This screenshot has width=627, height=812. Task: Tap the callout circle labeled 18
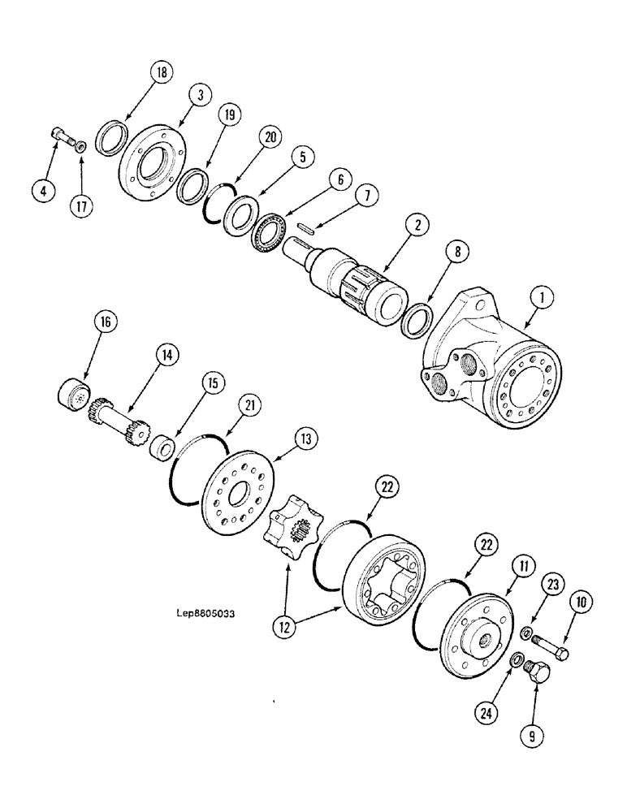(x=161, y=73)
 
